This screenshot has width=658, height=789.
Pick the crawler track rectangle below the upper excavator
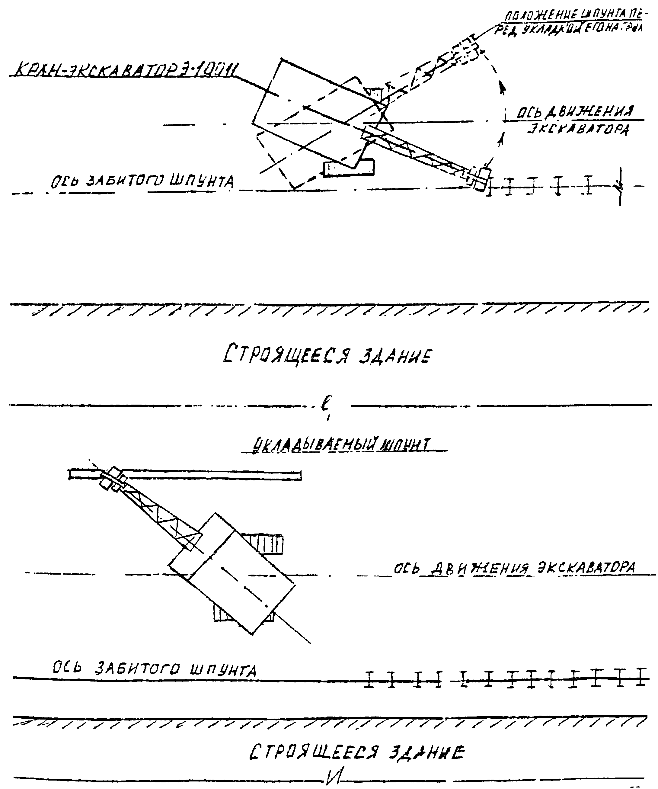[349, 168]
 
